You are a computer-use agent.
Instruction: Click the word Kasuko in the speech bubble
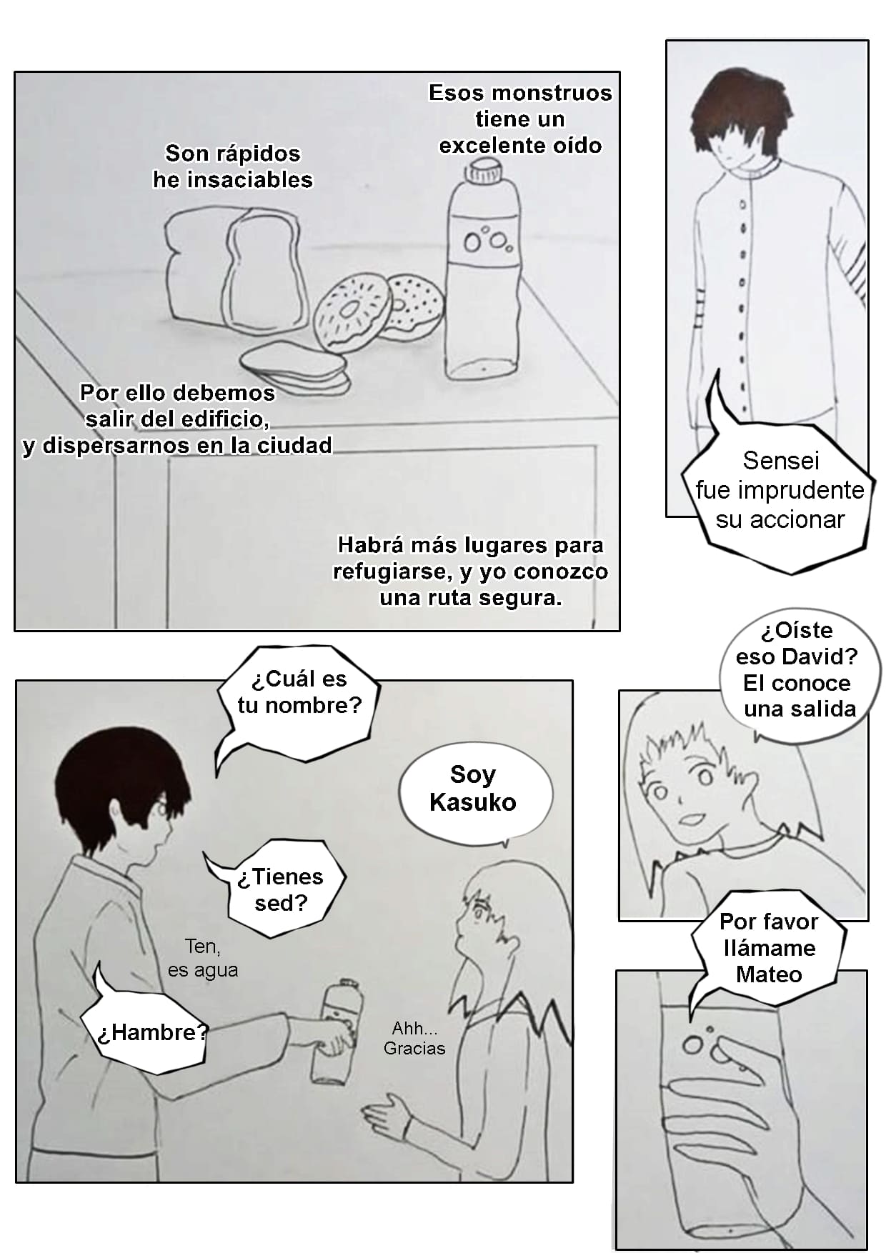[x=472, y=802]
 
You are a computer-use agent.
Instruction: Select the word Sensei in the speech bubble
[x=781, y=461]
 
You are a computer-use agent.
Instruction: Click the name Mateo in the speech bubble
[x=769, y=974]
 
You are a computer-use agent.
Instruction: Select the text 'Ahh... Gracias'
[x=414, y=1038]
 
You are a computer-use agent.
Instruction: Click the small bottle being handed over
[x=334, y=1032]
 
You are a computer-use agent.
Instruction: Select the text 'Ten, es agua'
[x=203, y=958]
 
